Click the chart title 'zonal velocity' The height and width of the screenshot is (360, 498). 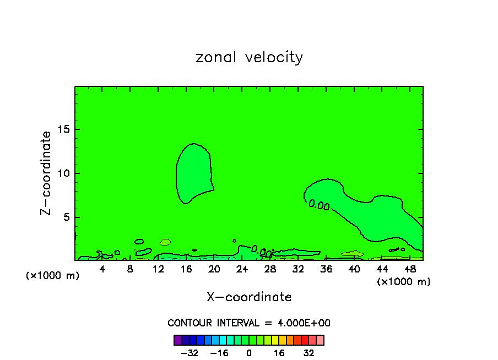click(x=249, y=57)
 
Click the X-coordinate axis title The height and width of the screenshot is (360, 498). click(x=249, y=297)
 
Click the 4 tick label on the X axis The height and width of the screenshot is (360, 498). click(x=102, y=269)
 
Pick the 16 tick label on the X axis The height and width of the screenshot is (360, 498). click(x=186, y=269)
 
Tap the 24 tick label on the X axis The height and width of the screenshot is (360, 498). click(x=242, y=269)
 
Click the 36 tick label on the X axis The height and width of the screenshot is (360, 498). click(x=326, y=269)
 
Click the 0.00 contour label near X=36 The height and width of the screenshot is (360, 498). click(x=319, y=205)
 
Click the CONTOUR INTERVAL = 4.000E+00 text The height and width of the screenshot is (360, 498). click(x=249, y=323)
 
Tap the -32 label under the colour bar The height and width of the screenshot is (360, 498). click(x=189, y=353)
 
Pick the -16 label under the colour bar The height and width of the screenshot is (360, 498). click(x=219, y=353)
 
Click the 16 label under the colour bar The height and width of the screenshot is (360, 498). click(x=279, y=353)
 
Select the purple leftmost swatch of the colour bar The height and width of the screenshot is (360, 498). click(x=177, y=340)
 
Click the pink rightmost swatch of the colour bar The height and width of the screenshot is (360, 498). click(x=320, y=340)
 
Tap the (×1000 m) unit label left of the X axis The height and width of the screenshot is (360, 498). click(x=53, y=276)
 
